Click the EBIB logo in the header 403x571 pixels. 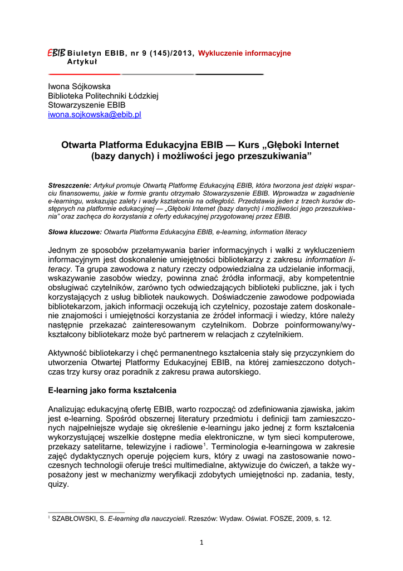(x=57, y=52)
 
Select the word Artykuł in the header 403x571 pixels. (x=82, y=61)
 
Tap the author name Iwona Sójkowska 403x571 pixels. (x=79, y=86)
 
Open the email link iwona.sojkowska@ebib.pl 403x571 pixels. (x=95, y=114)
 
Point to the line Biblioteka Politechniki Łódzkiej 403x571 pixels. (x=104, y=96)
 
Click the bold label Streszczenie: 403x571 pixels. (x=70, y=183)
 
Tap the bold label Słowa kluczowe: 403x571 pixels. (x=75, y=231)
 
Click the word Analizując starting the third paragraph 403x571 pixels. (x=70, y=409)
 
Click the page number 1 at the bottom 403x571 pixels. (x=202, y=543)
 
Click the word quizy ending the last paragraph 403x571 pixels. (x=58, y=485)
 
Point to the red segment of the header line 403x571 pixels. (x=83, y=74)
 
